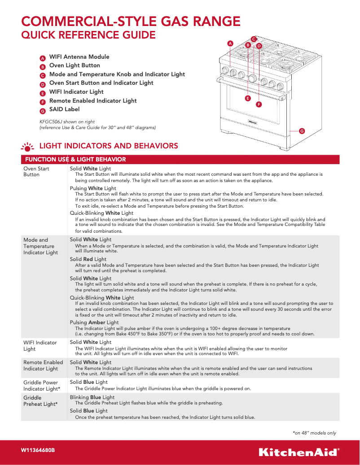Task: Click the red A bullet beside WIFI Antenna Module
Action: click(42, 58)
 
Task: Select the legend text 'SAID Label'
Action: click(64, 109)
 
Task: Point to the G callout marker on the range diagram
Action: click(302, 130)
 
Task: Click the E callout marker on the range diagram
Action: click(247, 98)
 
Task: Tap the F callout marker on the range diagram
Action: click(259, 104)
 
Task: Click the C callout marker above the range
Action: click(254, 39)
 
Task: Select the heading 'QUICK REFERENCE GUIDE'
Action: click(89, 35)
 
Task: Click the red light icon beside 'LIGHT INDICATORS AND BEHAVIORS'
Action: click(28, 147)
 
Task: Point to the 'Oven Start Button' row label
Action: click(36, 172)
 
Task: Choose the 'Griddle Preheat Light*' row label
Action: click(40, 401)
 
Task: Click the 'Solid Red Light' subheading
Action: click(88, 259)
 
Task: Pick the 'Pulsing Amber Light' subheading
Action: click(94, 322)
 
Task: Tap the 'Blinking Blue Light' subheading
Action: click(92, 397)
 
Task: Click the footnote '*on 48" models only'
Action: click(314, 433)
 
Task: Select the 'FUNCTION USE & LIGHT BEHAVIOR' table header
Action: click(75, 160)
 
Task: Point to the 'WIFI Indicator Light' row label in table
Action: click(40, 346)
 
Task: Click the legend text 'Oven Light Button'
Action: click(75, 65)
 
